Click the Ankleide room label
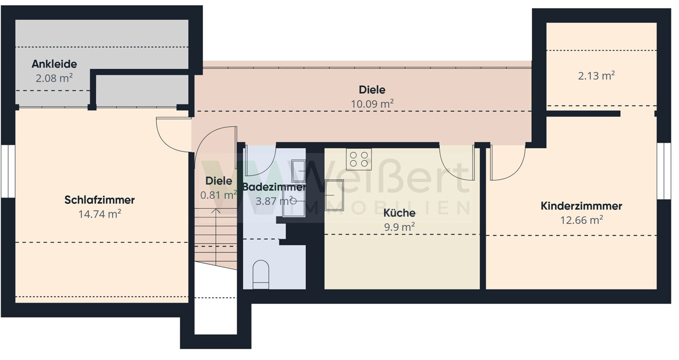tap(54, 64)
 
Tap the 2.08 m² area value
tap(54, 78)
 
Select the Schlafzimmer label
tap(100, 200)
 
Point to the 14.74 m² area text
tap(100, 214)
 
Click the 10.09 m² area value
tap(372, 104)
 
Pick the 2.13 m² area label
tap(596, 76)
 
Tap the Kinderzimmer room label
tap(581, 206)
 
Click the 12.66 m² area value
tap(581, 220)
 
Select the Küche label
tap(399, 213)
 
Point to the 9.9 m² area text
tap(399, 227)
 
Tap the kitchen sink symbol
tap(334, 195)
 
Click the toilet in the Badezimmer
tap(261, 274)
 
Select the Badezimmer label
tap(274, 187)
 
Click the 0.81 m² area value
tap(219, 195)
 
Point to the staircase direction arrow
tap(216, 237)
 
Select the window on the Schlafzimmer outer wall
tap(8, 171)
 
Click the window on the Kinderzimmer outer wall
tap(664, 171)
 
